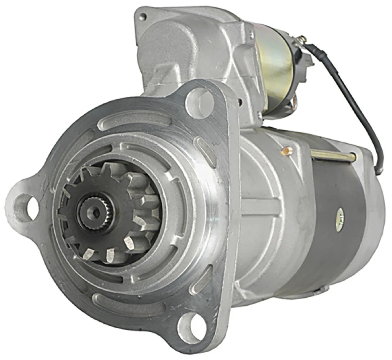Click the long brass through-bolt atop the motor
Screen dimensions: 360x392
[x=333, y=156]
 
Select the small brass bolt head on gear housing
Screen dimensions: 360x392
[x=288, y=151]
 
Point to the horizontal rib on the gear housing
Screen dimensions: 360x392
[x=261, y=204]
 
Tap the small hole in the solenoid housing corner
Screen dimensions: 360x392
[x=143, y=17]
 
